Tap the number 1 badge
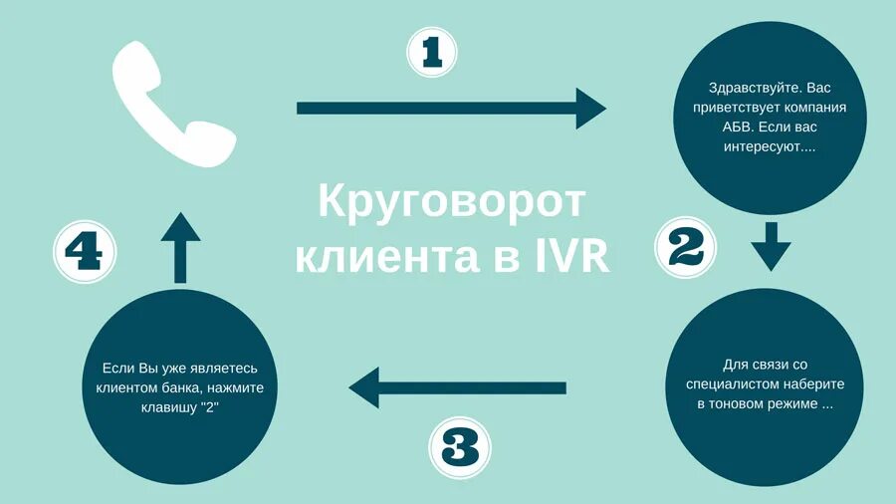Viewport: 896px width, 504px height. [x=432, y=51]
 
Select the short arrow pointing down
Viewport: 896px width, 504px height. [x=770, y=246]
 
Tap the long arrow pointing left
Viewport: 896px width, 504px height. [x=458, y=387]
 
